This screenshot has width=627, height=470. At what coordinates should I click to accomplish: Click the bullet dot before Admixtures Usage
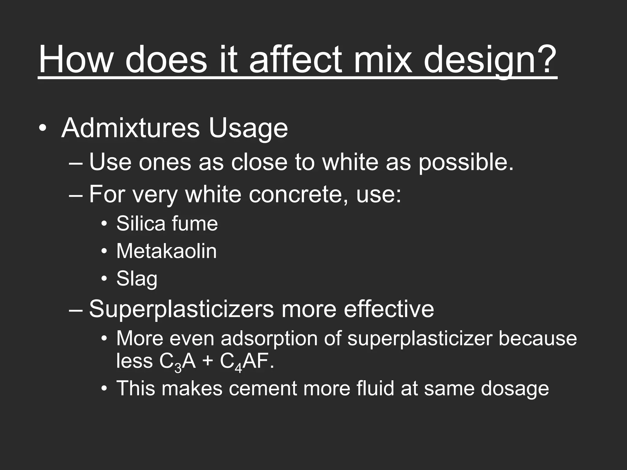click(x=43, y=128)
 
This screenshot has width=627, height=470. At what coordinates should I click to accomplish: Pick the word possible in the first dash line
click(x=465, y=162)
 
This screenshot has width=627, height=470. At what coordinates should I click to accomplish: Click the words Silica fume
click(x=167, y=223)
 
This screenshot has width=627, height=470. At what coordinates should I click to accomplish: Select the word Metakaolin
click(x=166, y=251)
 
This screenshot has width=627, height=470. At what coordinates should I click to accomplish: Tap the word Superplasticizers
click(x=181, y=309)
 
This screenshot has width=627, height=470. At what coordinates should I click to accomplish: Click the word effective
click(x=389, y=309)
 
